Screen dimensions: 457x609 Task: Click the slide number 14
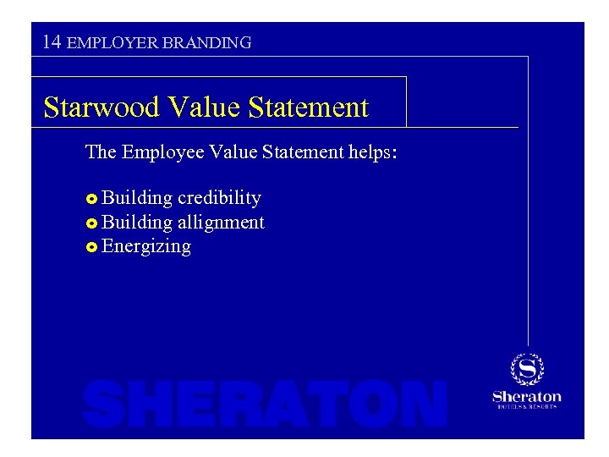(52, 41)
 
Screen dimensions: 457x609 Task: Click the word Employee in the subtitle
(162, 152)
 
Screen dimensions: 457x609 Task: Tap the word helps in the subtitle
(368, 152)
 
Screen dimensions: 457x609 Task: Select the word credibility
(219, 198)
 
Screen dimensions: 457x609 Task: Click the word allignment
(221, 223)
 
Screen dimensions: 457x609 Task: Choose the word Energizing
(145, 247)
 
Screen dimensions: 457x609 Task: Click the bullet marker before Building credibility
(91, 199)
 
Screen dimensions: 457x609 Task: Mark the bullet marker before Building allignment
(91, 223)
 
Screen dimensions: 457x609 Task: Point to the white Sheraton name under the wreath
(527, 396)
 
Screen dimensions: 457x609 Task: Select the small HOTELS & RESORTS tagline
(527, 407)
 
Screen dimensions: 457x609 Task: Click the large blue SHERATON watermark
(265, 404)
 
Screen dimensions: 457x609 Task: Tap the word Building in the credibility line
(136, 198)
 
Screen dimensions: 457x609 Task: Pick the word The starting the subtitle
(101, 152)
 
